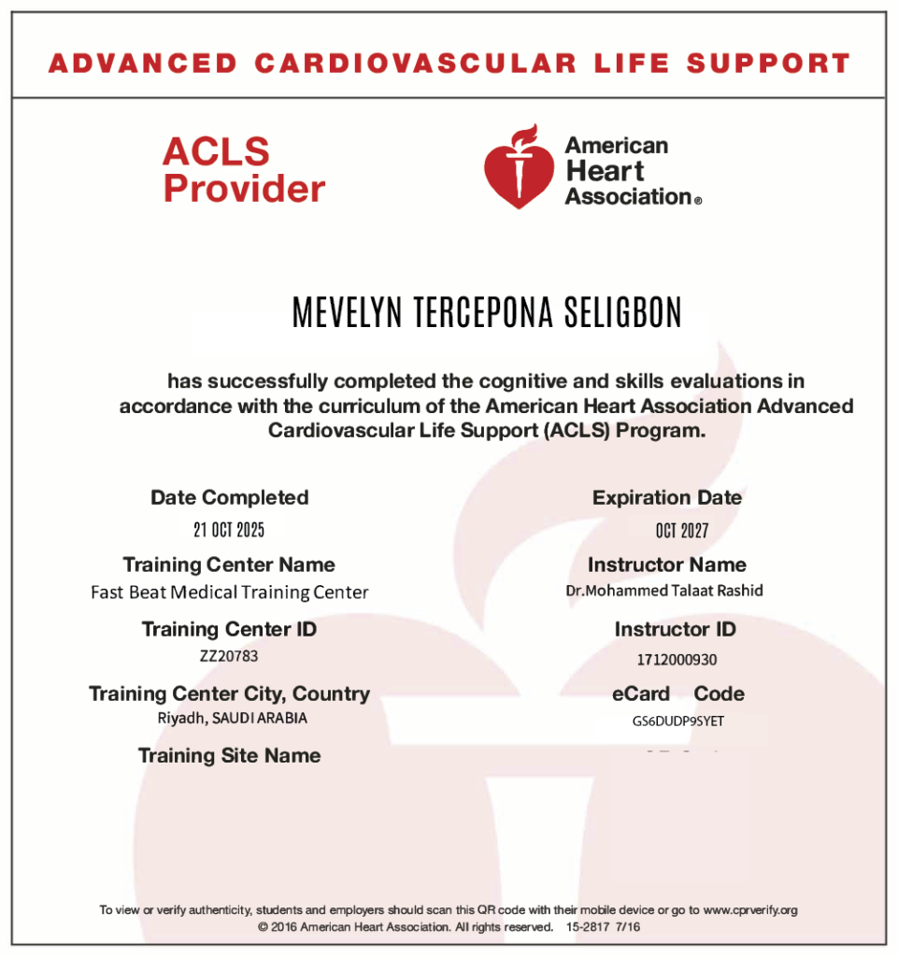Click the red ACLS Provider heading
coord(243,169)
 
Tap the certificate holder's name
coord(487,314)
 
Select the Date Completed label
coord(229,498)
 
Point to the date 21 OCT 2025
coord(229,531)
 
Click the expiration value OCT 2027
coord(682,531)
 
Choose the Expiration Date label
coord(666,498)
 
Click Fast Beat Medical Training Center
coord(229,593)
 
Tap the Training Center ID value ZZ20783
coord(229,656)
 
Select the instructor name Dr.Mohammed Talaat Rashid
coord(664,591)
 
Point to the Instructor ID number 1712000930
coord(677,660)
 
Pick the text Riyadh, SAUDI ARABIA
coord(232,719)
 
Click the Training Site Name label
coord(229,755)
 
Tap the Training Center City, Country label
coord(229,693)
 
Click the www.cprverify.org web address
coord(749,909)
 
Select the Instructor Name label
coord(666,564)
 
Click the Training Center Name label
coord(229,564)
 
